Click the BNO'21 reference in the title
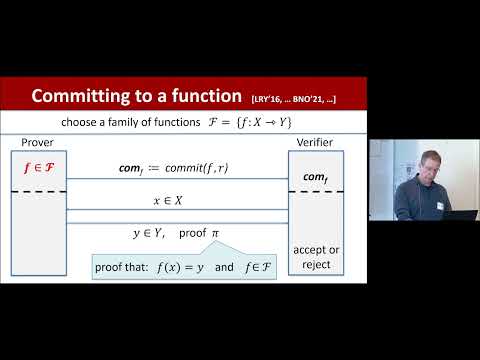(x=318, y=98)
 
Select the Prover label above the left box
(x=36, y=142)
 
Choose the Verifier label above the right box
(x=316, y=142)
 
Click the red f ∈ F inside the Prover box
(x=39, y=167)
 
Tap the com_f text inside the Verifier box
(x=316, y=177)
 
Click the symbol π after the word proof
(x=213, y=233)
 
